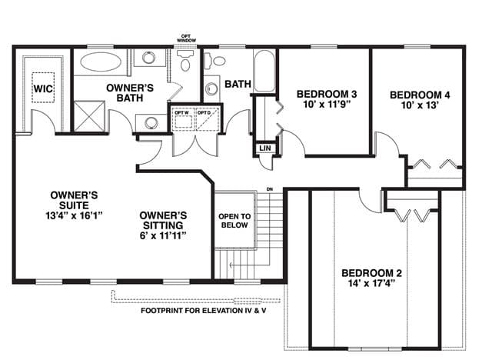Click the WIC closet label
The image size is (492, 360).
click(x=43, y=88)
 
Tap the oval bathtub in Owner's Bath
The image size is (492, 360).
click(x=101, y=62)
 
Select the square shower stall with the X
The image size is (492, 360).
click(x=89, y=116)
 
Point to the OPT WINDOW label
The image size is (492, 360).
click(x=186, y=38)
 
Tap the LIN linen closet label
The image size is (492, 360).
click(x=265, y=148)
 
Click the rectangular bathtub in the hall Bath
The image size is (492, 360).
click(x=264, y=71)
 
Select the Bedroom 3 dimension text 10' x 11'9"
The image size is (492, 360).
click(x=327, y=104)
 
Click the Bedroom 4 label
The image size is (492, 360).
click(x=420, y=95)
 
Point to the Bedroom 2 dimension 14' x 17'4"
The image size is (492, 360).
click(x=371, y=283)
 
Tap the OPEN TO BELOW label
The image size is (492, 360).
click(x=234, y=221)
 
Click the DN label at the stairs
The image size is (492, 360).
click(x=270, y=189)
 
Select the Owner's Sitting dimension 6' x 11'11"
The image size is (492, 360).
click(x=163, y=235)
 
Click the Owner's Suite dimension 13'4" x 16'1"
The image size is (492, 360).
click(x=74, y=215)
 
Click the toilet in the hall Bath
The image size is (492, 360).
click(x=214, y=61)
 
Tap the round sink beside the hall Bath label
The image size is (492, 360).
click(x=211, y=88)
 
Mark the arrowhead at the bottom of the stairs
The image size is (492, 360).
click(x=231, y=265)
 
